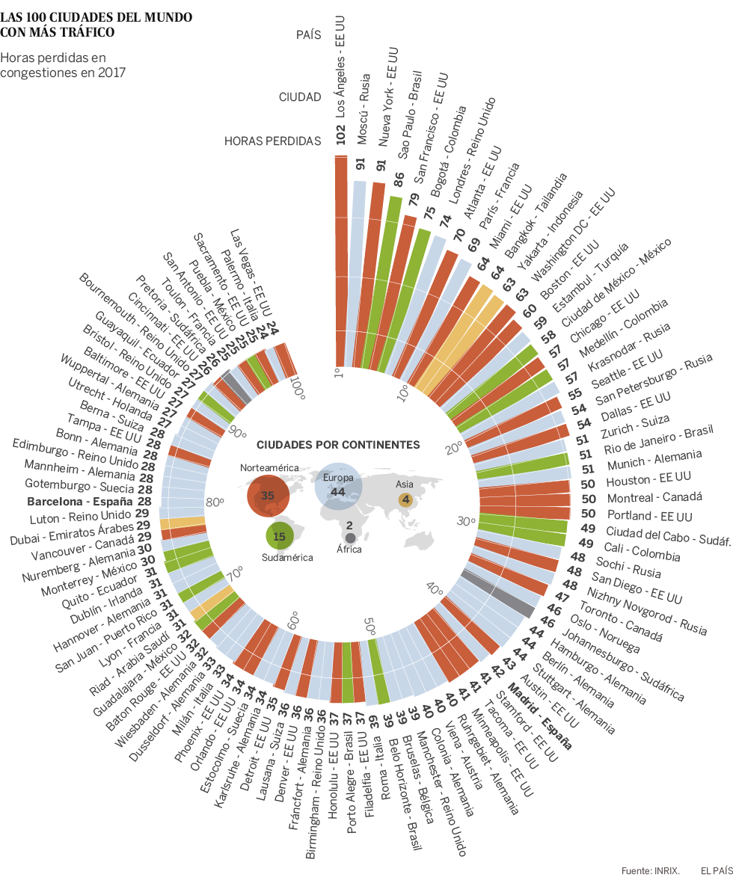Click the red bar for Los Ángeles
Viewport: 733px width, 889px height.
(x=340, y=262)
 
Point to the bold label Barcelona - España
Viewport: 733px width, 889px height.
(x=80, y=501)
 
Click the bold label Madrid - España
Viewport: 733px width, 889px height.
(x=540, y=717)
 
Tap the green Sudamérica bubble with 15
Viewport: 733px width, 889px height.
(x=280, y=536)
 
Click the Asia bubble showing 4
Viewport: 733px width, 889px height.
(x=405, y=499)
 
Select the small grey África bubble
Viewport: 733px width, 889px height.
(x=350, y=538)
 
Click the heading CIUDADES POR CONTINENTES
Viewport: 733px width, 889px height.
(x=338, y=444)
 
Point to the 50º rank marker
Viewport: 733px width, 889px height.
(x=369, y=624)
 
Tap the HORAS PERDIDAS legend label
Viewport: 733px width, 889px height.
(x=272, y=141)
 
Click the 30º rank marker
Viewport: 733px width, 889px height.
(x=467, y=521)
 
